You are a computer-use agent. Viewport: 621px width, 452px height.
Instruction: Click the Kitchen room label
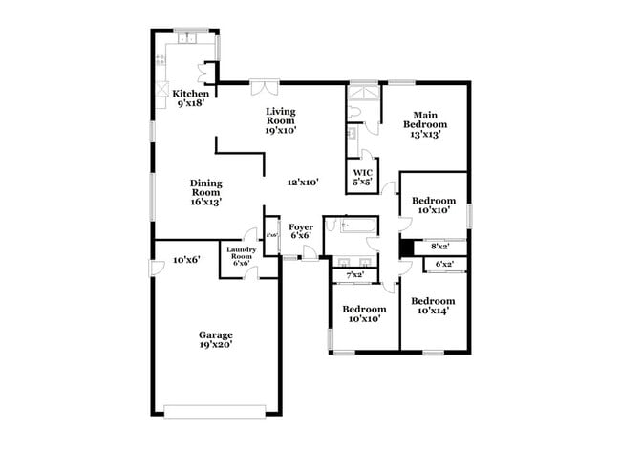(x=189, y=98)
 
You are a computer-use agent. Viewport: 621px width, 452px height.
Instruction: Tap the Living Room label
(x=280, y=120)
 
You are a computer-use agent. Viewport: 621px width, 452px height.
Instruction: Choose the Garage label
(x=215, y=340)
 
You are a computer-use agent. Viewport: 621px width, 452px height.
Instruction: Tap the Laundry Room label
(x=240, y=257)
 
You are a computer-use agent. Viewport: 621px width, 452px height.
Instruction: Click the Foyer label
(x=301, y=230)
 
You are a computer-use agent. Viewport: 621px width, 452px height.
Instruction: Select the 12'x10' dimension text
(x=302, y=181)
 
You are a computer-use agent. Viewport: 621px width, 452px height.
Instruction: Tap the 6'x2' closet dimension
(x=444, y=264)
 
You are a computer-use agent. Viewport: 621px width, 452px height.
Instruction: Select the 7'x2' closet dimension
(x=354, y=275)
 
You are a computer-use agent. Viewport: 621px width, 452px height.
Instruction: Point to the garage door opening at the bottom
(x=215, y=412)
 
